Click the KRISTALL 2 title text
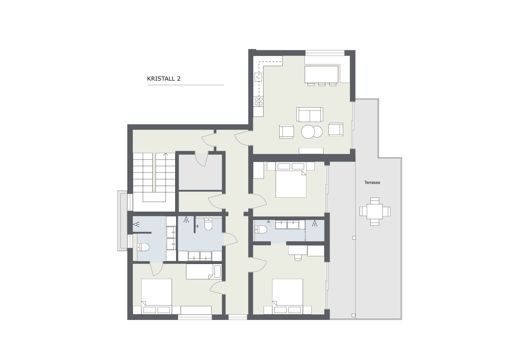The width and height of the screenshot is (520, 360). (164, 79)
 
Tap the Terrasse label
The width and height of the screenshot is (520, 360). (372, 182)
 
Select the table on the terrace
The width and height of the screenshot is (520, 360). (375, 211)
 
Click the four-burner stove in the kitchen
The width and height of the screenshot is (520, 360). (259, 102)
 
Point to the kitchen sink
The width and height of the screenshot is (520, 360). (258, 77)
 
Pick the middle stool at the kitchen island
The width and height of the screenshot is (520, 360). (321, 84)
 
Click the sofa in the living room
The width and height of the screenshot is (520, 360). (310, 114)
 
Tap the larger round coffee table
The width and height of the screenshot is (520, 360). (308, 132)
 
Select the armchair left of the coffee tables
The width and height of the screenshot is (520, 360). (286, 132)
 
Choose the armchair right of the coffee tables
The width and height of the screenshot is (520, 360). (336, 130)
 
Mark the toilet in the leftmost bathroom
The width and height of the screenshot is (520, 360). (143, 247)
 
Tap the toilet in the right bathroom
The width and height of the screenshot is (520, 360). (261, 230)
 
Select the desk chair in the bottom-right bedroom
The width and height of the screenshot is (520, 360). (298, 256)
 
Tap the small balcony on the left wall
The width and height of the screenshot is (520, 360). (122, 221)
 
